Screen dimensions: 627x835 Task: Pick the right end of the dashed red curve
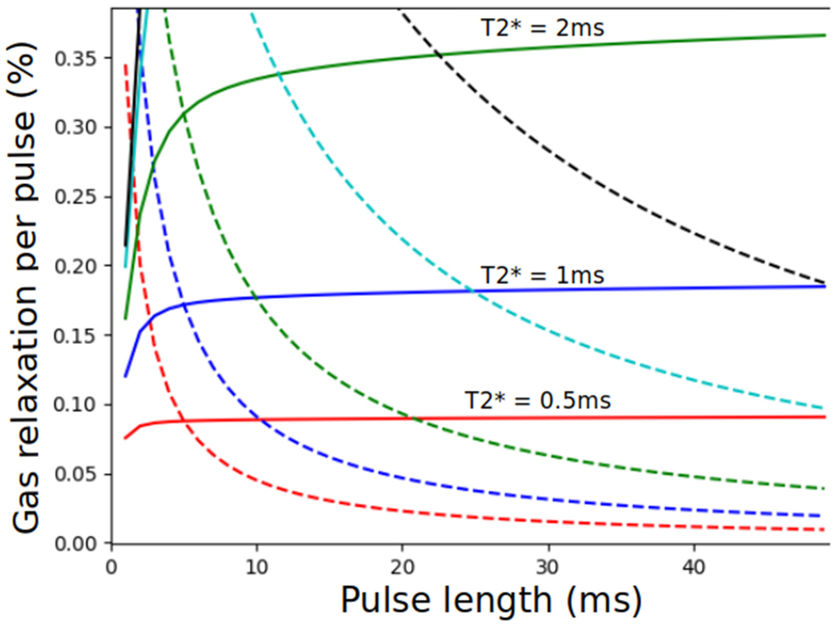coord(824,530)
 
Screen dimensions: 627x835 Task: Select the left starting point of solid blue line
coord(125,377)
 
